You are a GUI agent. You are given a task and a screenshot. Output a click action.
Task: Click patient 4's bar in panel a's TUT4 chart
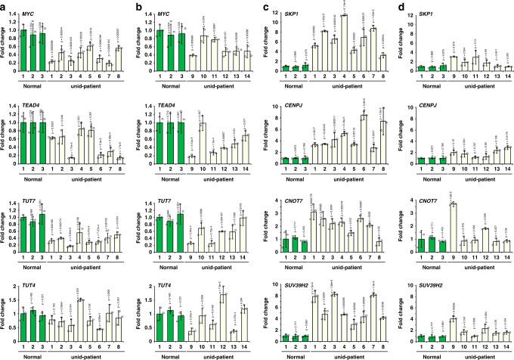[79, 318]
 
